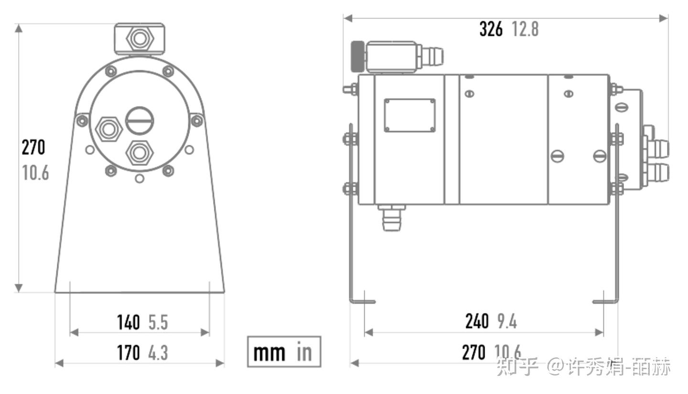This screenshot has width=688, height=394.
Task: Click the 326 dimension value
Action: click(x=491, y=29)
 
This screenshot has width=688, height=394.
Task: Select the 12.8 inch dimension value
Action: click(x=525, y=29)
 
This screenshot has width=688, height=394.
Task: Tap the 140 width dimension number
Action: click(x=129, y=322)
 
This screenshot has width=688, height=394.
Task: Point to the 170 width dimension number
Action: click(x=129, y=352)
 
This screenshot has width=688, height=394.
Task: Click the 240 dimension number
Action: click(x=477, y=321)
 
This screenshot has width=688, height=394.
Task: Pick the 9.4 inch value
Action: click(x=507, y=321)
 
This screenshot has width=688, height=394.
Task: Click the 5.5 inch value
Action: click(x=158, y=322)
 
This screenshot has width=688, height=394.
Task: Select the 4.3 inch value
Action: click(x=158, y=352)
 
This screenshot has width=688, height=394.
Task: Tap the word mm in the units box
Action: click(x=269, y=353)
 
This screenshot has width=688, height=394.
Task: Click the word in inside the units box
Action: click(x=304, y=351)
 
